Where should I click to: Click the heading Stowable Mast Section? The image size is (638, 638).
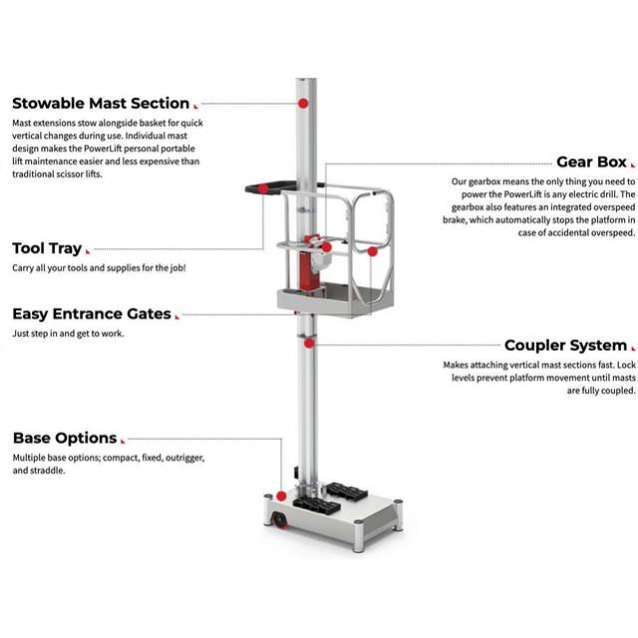[100, 103]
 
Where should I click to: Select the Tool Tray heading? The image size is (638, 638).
[47, 248]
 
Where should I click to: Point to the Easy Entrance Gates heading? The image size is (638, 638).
[92, 314]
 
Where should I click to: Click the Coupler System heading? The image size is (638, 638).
[565, 346]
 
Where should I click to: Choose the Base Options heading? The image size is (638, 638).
[64, 438]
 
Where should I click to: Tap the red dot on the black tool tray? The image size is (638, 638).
[263, 188]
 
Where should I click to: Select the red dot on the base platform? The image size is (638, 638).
[282, 495]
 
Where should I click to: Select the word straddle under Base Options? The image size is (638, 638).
[48, 471]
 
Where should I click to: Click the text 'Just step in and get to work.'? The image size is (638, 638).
[68, 334]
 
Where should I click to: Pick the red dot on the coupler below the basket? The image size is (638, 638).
[310, 343]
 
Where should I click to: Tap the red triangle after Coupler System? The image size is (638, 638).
[632, 349]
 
